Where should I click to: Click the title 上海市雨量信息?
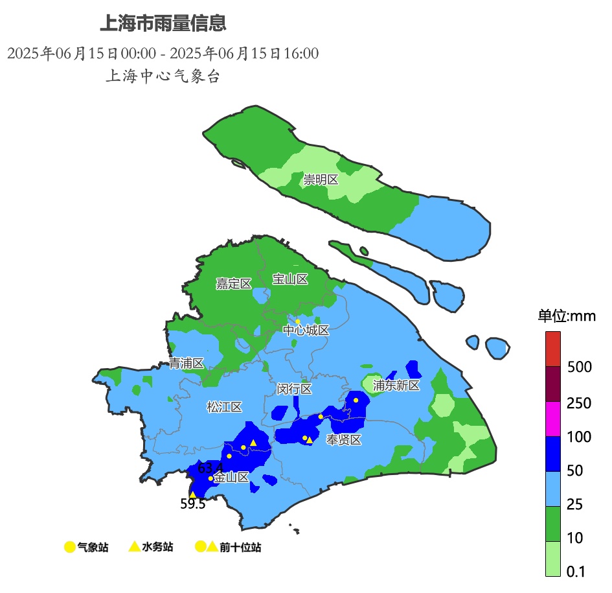[x=163, y=24]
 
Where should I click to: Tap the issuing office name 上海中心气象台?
[x=163, y=76]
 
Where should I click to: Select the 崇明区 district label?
[x=321, y=180]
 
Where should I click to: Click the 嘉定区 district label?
[x=233, y=284]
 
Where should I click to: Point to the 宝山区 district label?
[x=289, y=279]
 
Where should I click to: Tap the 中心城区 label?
[x=306, y=331]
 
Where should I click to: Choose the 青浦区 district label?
[x=187, y=364]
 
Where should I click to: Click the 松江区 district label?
[x=224, y=407]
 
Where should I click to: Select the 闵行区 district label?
[x=294, y=389]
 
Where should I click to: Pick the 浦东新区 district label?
[x=396, y=386]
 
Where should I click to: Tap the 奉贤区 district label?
[x=343, y=440]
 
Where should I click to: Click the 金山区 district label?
[x=231, y=478]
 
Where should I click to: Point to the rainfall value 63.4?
[x=210, y=467]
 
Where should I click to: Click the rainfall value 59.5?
[x=192, y=504]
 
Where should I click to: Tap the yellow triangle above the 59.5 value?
[x=192, y=494]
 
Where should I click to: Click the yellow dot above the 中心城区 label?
[x=298, y=321]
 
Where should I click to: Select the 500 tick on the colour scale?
[x=579, y=367]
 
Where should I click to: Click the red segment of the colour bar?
[x=552, y=349]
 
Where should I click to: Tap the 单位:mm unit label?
[x=566, y=316]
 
